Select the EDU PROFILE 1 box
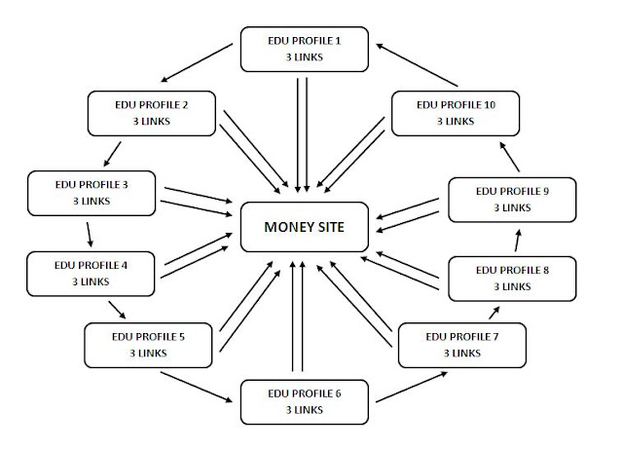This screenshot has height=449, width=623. pos(306,49)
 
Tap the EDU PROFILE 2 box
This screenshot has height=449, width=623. pos(151,113)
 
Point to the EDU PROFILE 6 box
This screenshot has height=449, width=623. pos(305,402)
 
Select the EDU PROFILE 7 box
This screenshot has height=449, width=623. pos(462,346)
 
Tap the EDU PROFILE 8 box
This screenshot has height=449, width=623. pos(511,278)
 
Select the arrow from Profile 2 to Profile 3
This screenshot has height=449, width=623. pos(113,153)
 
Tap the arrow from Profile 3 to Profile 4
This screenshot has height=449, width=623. pos(89,233)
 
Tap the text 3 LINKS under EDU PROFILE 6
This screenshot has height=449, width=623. pos(305,410)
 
